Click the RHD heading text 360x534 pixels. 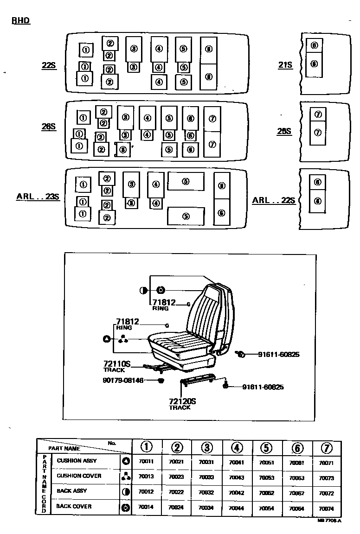[20, 21]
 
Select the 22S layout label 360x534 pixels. [48, 65]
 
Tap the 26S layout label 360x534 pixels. [48, 127]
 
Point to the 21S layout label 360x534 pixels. [285, 65]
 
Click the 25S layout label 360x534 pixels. [284, 131]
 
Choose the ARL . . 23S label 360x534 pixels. [38, 196]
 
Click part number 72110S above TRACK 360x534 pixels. [117, 365]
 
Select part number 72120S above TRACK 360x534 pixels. [182, 401]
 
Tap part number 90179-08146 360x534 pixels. [123, 381]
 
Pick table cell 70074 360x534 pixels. [326, 508]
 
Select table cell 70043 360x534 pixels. [236, 477]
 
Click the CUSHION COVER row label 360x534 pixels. [79, 476]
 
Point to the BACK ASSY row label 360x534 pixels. [71, 491]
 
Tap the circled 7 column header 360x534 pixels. [327, 448]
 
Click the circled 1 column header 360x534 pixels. [146, 447]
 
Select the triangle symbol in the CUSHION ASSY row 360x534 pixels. [125, 461]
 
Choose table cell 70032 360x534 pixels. [206, 493]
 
